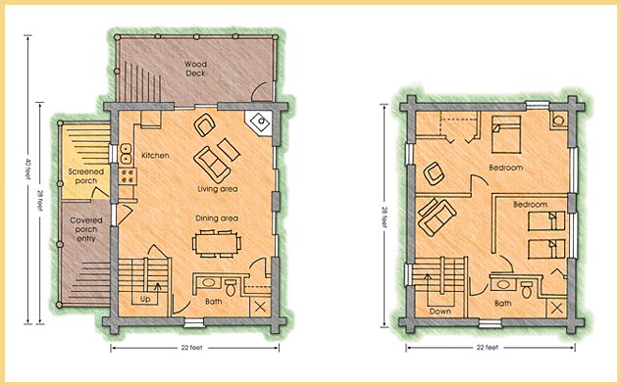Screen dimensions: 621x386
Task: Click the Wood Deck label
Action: [195, 69]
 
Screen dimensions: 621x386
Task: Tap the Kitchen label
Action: [155, 156]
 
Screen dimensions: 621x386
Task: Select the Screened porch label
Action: [86, 176]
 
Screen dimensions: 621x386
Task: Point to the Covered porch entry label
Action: [86, 229]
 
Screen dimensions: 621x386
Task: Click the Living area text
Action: [218, 189]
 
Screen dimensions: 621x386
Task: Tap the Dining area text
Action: [217, 218]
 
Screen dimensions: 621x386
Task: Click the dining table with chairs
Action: [217, 244]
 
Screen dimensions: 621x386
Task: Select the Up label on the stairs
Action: [145, 300]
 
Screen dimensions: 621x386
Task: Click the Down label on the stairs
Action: [440, 312]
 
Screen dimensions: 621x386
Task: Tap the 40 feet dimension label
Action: [27, 169]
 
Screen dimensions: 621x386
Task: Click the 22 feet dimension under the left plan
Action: [191, 348]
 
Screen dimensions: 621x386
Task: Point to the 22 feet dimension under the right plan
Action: [488, 348]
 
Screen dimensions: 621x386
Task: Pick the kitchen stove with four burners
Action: [128, 176]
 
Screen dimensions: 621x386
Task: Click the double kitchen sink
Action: [126, 154]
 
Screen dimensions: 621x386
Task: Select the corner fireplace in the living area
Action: [259, 122]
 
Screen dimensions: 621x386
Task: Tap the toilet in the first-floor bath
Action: [231, 288]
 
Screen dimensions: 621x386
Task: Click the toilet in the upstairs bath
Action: [527, 290]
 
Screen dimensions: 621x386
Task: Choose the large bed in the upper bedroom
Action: [506, 134]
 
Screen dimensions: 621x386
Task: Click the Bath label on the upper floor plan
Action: [503, 304]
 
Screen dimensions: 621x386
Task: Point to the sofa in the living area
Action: [212, 165]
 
